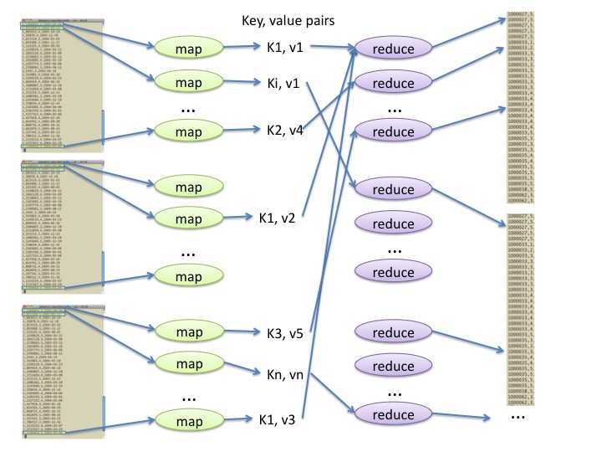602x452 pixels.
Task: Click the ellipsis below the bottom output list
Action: [x=518, y=415]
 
